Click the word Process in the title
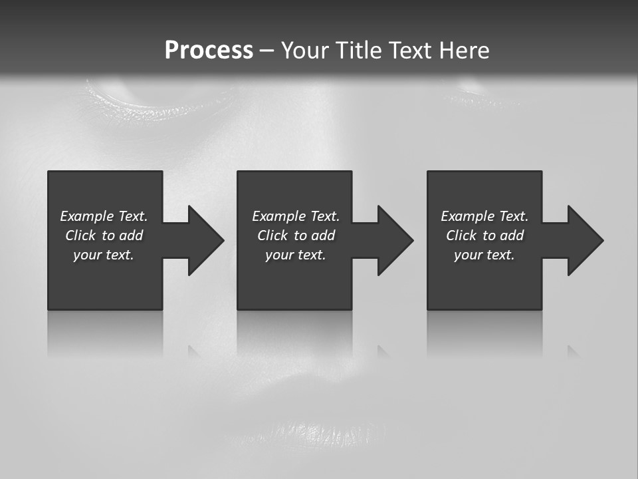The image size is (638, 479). (x=209, y=51)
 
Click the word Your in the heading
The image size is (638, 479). (x=306, y=51)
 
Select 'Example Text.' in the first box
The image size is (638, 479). (x=104, y=216)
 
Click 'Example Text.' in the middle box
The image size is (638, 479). (x=295, y=216)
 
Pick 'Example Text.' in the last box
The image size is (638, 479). (x=484, y=216)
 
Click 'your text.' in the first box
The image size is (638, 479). (x=104, y=255)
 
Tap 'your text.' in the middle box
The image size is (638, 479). (x=295, y=255)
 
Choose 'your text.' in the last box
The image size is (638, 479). (x=484, y=255)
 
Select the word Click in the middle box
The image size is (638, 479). (x=272, y=236)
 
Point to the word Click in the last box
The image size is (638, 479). (x=461, y=236)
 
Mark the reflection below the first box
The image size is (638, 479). (x=105, y=333)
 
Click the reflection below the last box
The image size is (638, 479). (x=484, y=333)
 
